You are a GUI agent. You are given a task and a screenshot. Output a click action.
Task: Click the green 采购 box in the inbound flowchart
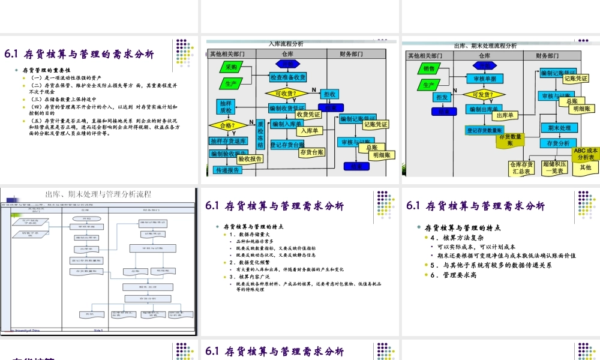click(231, 67)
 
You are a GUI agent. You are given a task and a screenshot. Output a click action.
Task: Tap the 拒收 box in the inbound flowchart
click(330, 94)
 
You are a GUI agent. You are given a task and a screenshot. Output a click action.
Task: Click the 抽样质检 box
click(225, 107)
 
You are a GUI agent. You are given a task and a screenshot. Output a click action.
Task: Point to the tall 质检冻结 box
click(260, 137)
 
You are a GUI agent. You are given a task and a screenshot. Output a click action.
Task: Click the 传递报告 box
click(228, 170)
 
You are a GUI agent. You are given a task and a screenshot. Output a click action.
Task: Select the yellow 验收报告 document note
click(250, 159)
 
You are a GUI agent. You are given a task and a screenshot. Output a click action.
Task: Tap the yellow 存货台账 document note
click(311, 152)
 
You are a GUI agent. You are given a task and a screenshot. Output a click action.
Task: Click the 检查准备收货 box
click(288, 77)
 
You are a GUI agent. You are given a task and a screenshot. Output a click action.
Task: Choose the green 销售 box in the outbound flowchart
click(428, 69)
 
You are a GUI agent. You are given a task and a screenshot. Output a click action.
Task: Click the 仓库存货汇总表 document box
click(521, 168)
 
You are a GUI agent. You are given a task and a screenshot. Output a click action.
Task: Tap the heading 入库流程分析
click(286, 44)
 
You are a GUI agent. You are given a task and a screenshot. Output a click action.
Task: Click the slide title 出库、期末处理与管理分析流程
click(98, 194)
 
